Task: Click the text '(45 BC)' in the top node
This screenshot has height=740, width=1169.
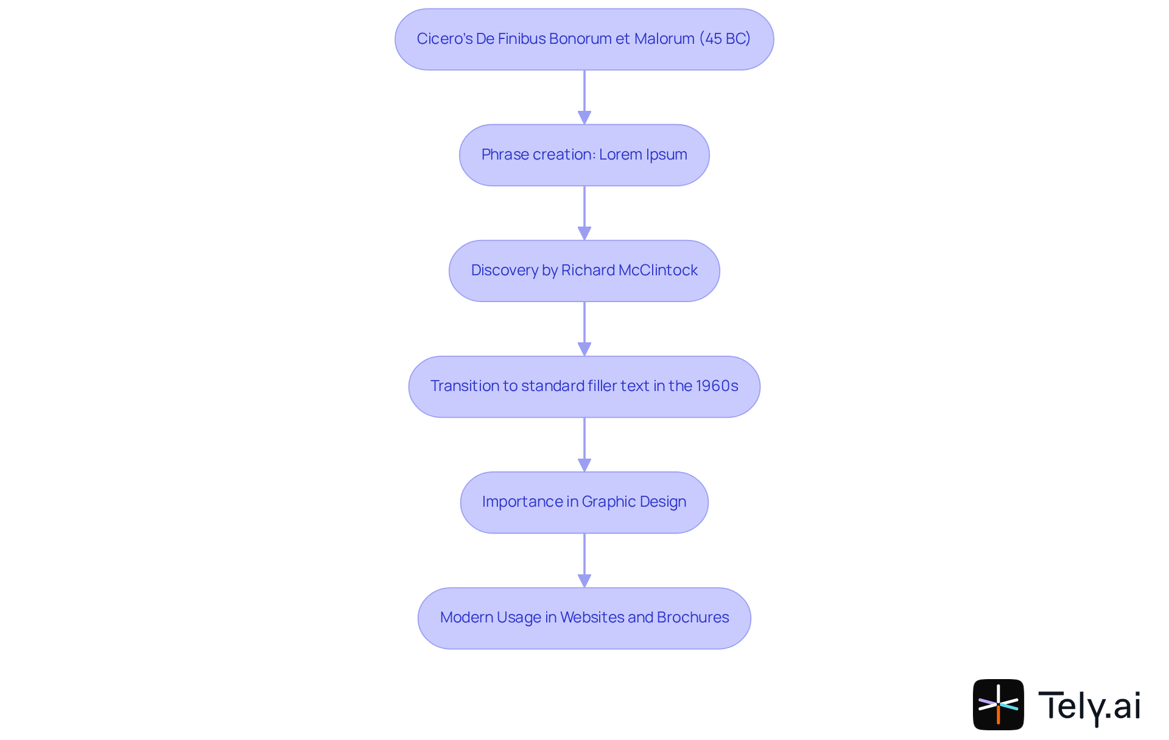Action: click(725, 39)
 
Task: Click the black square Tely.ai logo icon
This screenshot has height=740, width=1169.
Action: click(998, 705)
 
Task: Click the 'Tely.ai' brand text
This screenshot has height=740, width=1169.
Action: click(1089, 706)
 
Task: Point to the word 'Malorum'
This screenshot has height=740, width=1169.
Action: click(664, 39)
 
